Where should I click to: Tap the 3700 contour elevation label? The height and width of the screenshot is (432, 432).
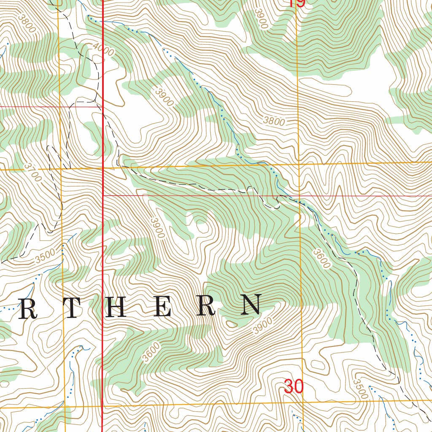click(x=33, y=173)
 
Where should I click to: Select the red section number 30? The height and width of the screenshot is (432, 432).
click(x=293, y=386)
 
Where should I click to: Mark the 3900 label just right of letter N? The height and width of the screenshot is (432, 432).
click(x=262, y=326)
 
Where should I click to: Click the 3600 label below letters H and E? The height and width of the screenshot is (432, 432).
click(x=151, y=353)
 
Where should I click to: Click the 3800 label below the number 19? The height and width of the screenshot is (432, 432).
click(x=274, y=121)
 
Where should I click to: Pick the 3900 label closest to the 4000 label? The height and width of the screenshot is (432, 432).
click(x=164, y=97)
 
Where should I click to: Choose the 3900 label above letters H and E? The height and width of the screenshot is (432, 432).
click(x=157, y=228)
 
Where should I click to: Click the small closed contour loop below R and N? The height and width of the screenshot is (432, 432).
click(x=232, y=324)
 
